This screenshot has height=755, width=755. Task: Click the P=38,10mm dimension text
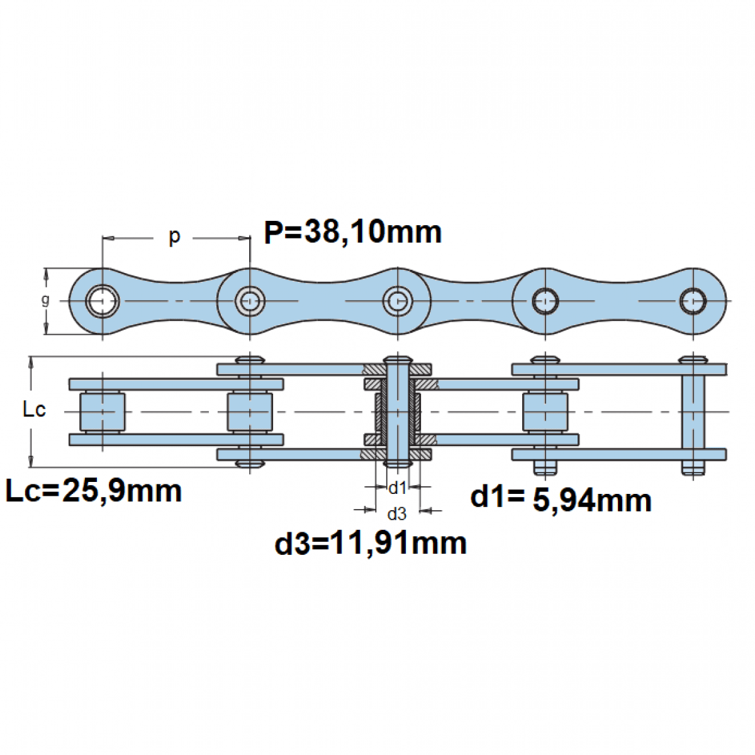coord(352,232)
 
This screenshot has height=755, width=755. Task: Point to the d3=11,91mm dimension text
coord(371,544)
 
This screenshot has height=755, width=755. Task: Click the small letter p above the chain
coord(174,237)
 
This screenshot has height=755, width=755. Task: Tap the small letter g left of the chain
coord(46,300)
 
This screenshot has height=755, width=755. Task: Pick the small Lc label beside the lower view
coord(35,410)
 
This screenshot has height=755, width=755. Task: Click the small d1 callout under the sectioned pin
coord(397,488)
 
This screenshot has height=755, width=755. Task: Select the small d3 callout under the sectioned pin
coord(397,513)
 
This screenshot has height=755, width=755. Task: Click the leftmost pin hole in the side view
coord(103,301)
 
